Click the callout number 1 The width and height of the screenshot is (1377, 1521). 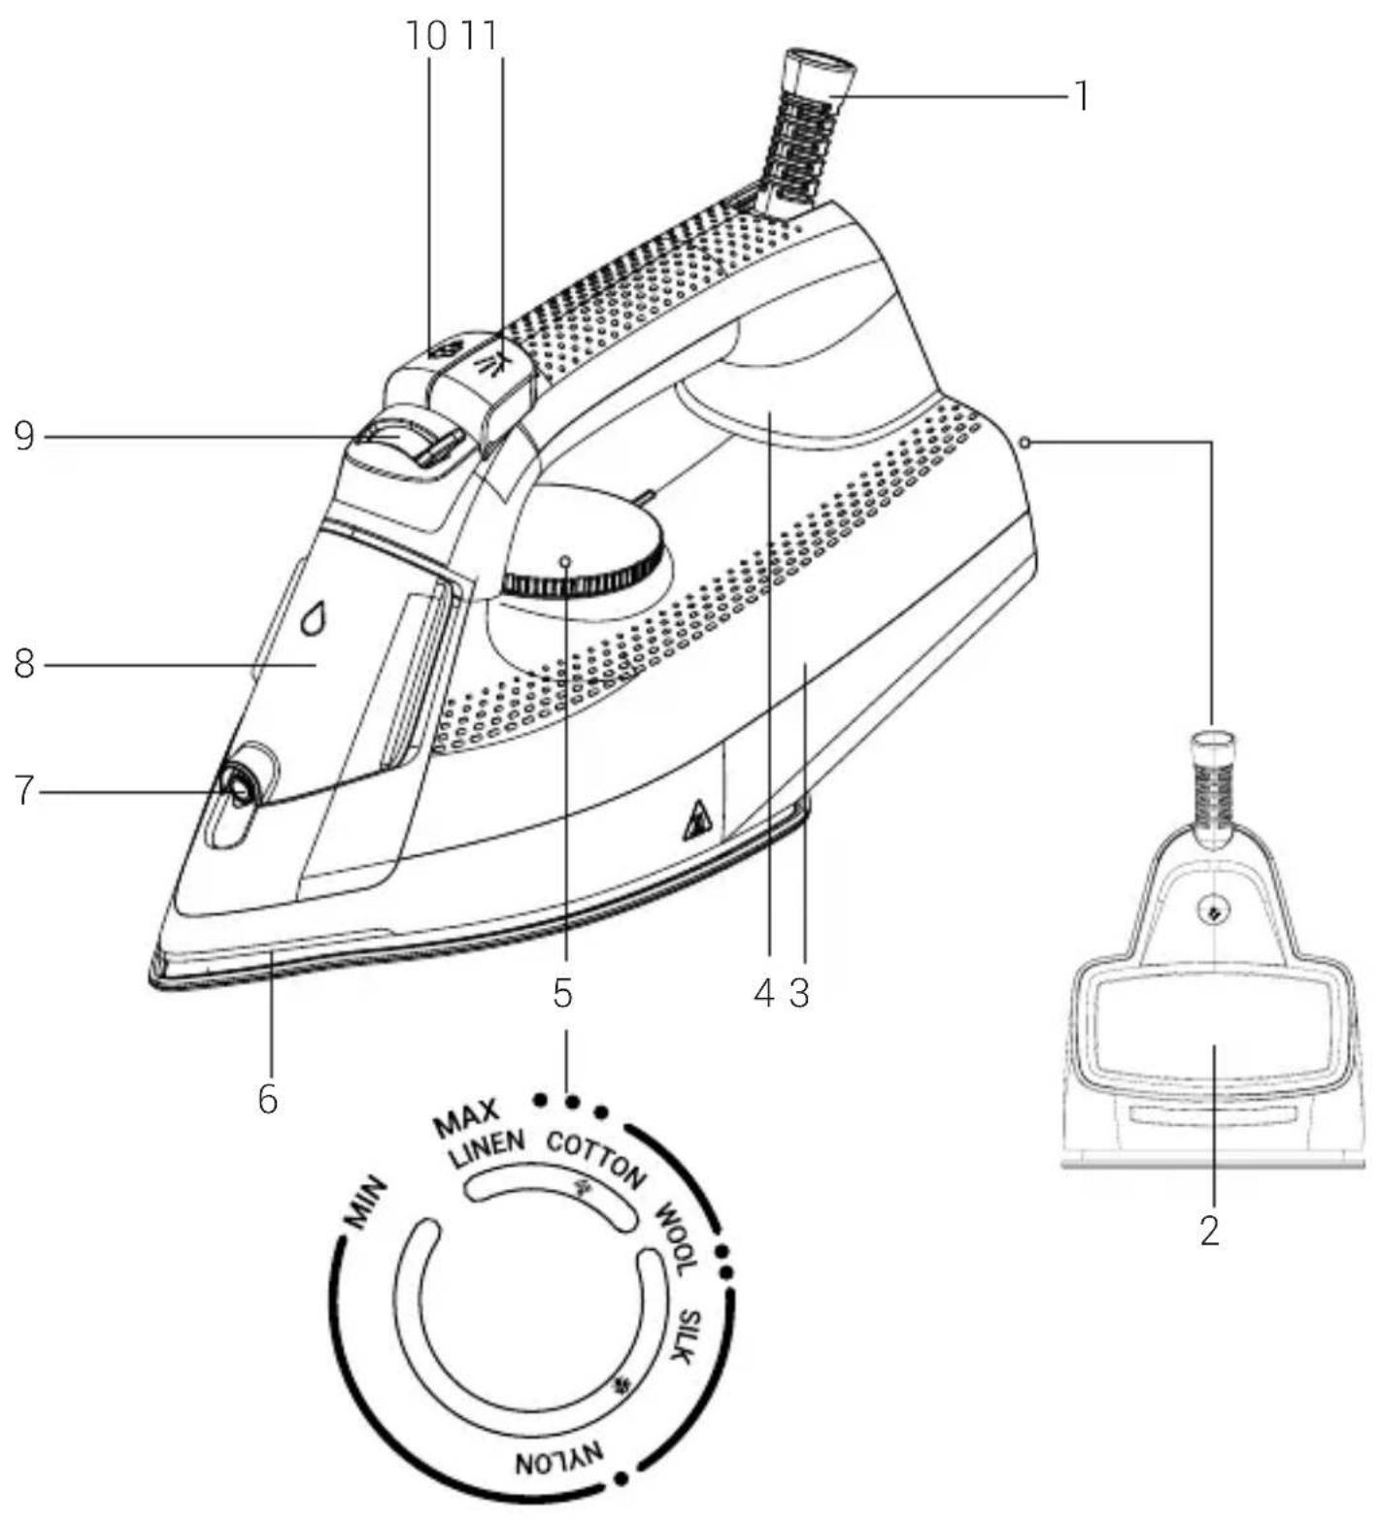point(1080,95)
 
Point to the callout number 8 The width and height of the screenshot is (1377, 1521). point(24,665)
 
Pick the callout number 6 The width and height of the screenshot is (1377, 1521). point(267,1099)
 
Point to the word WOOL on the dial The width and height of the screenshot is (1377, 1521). point(677,1239)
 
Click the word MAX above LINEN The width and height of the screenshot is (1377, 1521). point(466,1118)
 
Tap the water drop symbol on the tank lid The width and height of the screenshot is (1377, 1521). point(312,617)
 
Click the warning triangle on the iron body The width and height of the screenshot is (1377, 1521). point(698,820)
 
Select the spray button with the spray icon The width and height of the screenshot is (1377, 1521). point(496,367)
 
